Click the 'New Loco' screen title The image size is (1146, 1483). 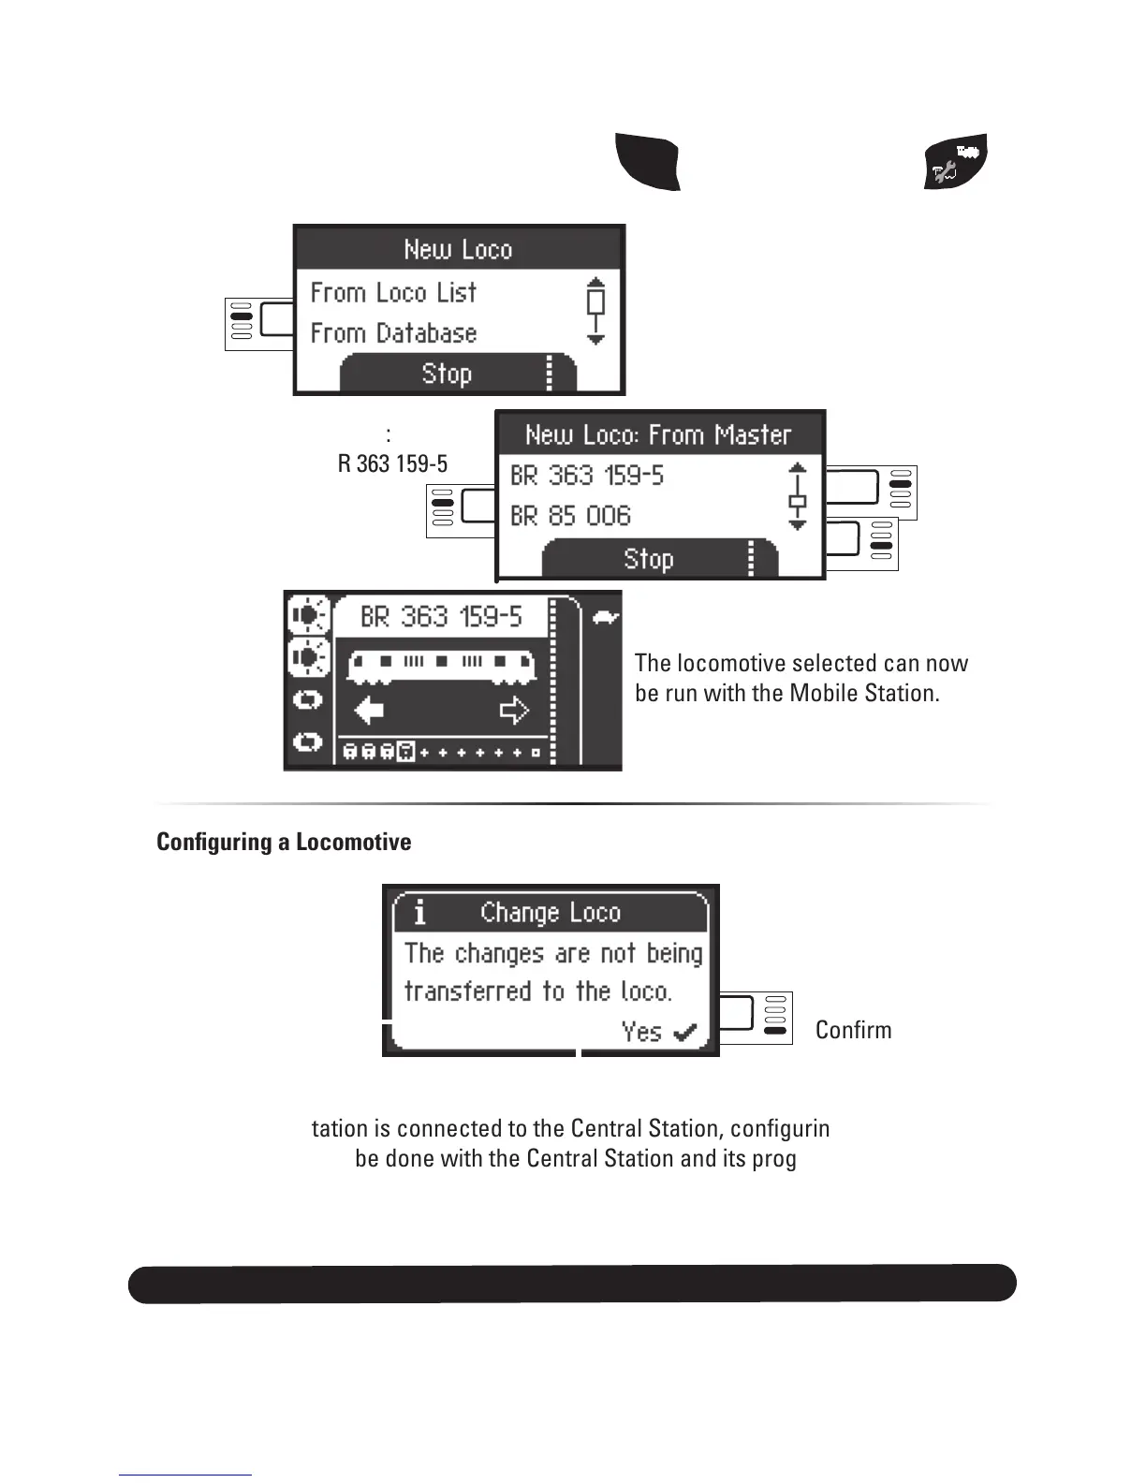[458, 250]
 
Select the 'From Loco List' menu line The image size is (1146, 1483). [393, 293]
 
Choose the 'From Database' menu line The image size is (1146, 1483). [393, 333]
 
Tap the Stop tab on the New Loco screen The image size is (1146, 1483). [447, 374]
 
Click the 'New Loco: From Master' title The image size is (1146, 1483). [658, 435]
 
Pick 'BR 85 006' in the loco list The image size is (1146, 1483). [570, 516]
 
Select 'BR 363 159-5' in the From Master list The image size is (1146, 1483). [587, 476]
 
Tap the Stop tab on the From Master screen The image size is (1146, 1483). [649, 559]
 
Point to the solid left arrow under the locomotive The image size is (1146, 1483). [370, 711]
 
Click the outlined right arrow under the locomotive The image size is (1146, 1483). [514, 711]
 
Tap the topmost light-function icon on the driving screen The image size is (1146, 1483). [308, 615]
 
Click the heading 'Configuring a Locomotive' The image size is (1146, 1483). [284, 843]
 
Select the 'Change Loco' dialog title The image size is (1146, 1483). [551, 913]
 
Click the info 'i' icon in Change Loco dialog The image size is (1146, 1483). [419, 912]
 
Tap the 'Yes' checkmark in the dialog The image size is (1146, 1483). [659, 1032]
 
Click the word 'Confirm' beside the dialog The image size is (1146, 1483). [853, 1030]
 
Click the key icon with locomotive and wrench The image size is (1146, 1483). [955, 161]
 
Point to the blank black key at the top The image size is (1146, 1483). [648, 162]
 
